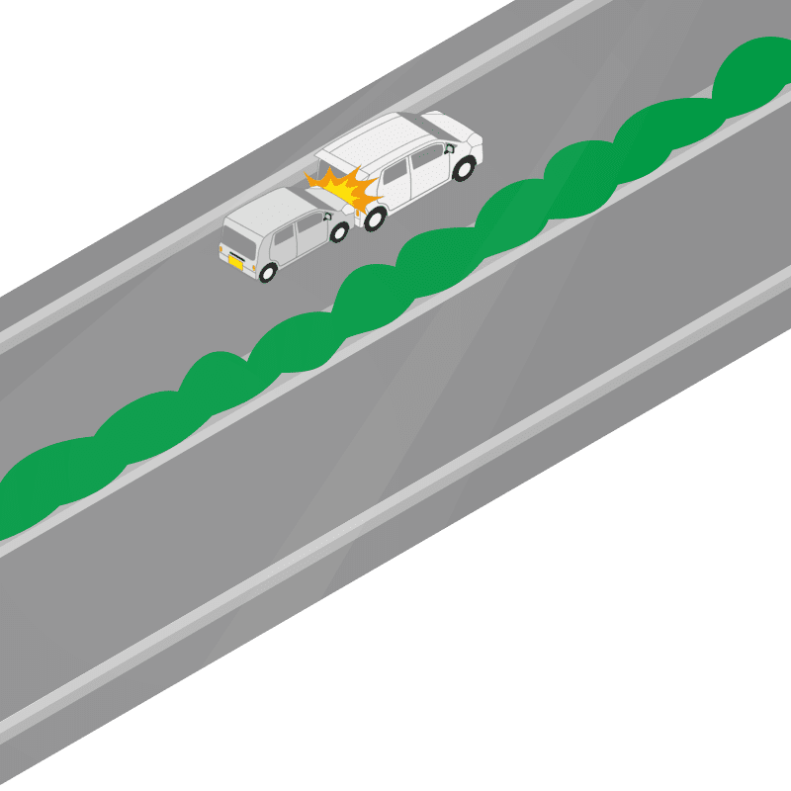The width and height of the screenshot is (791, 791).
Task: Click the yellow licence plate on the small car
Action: coord(236,262)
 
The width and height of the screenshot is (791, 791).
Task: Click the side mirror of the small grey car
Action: coord(325,217)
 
